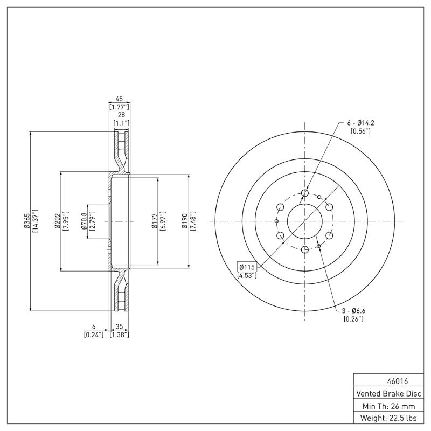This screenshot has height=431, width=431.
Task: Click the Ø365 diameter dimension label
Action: pos(25,220)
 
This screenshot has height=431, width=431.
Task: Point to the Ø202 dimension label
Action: pos(56,220)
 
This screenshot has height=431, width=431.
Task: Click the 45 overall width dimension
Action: pos(119,99)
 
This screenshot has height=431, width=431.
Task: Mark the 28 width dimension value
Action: pos(121,115)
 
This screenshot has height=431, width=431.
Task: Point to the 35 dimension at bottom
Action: pos(119,326)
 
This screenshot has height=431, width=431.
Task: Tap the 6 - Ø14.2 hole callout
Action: pos(360,123)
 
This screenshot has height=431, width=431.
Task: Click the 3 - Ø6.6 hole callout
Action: pos(353,311)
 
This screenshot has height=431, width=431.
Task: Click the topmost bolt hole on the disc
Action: pos(304,193)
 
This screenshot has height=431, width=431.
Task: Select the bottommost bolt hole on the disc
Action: pos(304,249)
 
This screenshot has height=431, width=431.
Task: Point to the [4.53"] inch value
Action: pos(247,276)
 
